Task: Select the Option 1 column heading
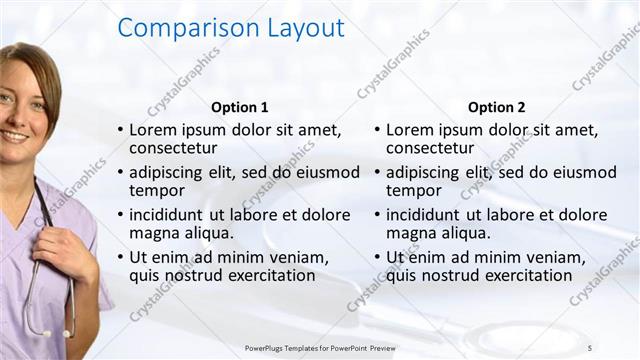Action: click(240, 107)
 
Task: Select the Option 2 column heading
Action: click(496, 107)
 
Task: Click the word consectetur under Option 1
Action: click(174, 149)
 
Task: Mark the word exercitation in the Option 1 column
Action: click(270, 275)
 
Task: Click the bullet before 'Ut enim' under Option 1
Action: click(120, 258)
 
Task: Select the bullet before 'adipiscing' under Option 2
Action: click(376, 173)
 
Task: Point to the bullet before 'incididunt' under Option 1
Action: click(120, 215)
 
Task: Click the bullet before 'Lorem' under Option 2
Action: click(376, 131)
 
